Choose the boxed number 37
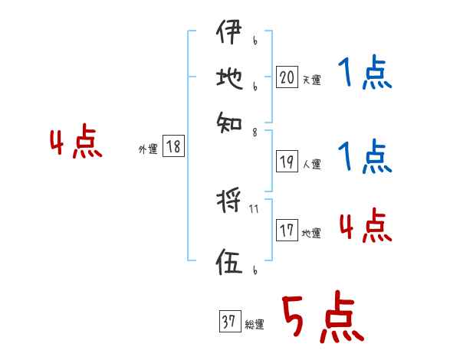(228, 322)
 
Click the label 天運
(311, 80)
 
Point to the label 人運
(311, 164)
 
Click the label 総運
(255, 325)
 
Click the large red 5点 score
(322, 318)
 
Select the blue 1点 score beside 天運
(364, 74)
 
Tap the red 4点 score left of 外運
(75, 143)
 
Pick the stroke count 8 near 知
(255, 132)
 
